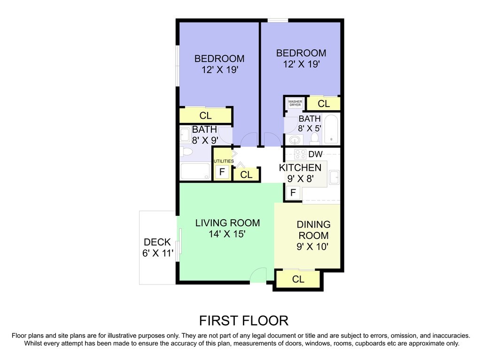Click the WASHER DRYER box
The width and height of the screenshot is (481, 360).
pos(295,103)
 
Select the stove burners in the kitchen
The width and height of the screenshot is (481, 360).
pos(300,154)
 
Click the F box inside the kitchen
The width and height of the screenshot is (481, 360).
pos(293,192)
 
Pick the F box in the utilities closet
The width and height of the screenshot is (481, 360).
pos(222,172)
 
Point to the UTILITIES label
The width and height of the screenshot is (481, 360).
pos(223,161)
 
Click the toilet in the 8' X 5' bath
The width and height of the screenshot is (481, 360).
pos(315,138)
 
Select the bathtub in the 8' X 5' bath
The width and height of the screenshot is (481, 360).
pos(331,129)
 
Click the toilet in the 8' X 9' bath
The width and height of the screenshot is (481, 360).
pos(187,152)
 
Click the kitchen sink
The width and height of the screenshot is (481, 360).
pos(334,177)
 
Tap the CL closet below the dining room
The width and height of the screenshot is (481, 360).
pos(298,279)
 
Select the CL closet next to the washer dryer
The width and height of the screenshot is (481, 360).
pos(324,104)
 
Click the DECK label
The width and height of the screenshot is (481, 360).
pos(157,242)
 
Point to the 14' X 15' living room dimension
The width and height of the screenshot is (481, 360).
pos(227,234)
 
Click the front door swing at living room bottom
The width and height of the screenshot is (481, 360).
pos(258,276)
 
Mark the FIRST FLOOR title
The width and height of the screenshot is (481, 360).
pos(243,321)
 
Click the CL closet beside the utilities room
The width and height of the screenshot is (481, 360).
pos(247,175)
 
